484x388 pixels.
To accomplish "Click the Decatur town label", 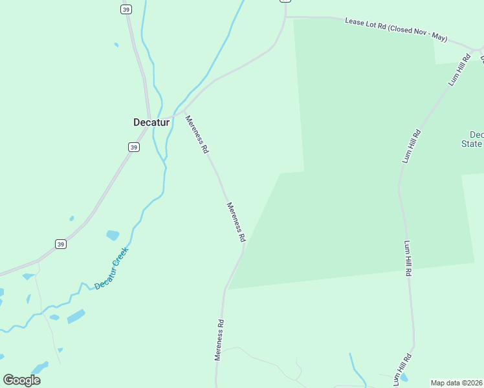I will click(151, 122).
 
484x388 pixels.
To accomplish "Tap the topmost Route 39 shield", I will click(126, 9).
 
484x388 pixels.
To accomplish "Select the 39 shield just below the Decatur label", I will click(133, 147).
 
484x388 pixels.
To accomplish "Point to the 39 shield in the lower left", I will click(60, 244).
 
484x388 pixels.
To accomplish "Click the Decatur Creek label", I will click(111, 268).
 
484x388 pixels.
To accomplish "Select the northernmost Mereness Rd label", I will click(197, 134).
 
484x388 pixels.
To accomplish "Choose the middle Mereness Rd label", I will click(236, 222).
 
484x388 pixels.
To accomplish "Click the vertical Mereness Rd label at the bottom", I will click(219, 339).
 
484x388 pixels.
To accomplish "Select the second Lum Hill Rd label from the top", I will click(412, 146).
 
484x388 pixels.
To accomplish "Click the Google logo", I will click(21, 380).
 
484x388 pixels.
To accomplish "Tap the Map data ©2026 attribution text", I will click(456, 383).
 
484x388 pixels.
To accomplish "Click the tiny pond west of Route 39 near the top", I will click(116, 45).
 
